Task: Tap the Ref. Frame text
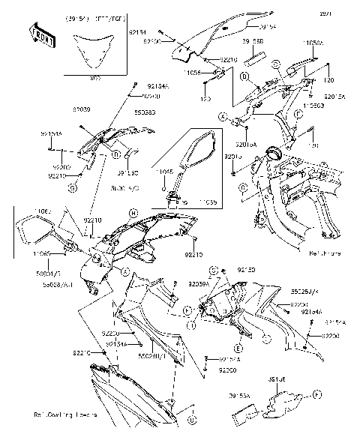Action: click(x=325, y=254)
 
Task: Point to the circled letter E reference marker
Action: click(x=238, y=349)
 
